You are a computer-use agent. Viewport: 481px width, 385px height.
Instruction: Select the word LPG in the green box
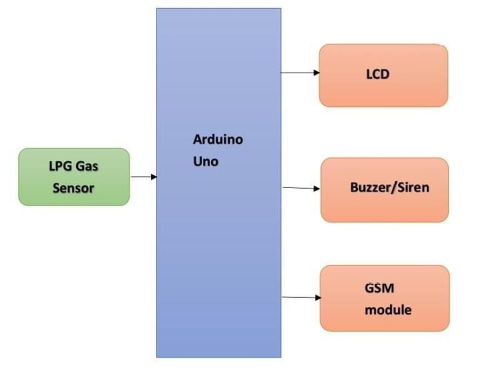click(59, 166)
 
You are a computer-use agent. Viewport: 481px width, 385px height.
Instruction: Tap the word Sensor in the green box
click(74, 188)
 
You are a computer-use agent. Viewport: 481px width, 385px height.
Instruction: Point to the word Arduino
click(218, 140)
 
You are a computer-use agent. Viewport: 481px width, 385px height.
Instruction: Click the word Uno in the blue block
click(205, 161)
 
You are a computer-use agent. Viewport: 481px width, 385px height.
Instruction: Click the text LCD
click(377, 74)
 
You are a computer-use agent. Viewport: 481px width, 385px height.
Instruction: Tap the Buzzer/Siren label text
click(389, 188)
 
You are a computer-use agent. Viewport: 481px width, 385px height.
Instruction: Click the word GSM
click(379, 288)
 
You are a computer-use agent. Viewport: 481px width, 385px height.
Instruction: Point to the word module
click(388, 310)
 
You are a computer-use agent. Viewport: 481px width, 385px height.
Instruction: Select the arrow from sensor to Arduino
click(143, 177)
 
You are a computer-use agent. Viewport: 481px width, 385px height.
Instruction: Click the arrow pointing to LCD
click(300, 72)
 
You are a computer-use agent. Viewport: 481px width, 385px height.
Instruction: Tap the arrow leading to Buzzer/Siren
click(301, 188)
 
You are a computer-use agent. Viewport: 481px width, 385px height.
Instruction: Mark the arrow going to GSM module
click(301, 297)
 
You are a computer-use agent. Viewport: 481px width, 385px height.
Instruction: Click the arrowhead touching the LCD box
click(317, 72)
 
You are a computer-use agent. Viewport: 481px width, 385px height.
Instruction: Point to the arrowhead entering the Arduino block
click(154, 177)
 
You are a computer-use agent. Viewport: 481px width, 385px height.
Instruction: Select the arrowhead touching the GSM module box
click(318, 298)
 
